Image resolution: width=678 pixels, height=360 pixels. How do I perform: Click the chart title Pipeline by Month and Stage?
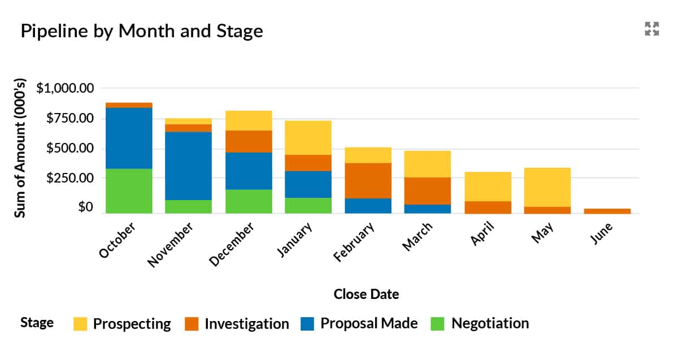point(142,31)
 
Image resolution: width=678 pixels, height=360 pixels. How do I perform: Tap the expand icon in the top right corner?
point(652,29)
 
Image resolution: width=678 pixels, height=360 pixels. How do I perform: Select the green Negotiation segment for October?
point(129,191)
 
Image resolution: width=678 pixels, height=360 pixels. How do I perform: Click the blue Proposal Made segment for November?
point(188,166)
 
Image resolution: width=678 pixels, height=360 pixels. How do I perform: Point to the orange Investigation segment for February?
point(368,180)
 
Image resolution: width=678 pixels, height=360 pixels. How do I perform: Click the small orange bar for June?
point(607,211)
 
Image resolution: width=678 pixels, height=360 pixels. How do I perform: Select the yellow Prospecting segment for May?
point(547,187)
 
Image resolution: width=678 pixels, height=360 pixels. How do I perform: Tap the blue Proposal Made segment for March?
point(428,209)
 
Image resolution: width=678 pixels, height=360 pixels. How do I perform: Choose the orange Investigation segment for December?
point(249,141)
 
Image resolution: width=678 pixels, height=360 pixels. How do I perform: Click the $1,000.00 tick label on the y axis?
point(65,88)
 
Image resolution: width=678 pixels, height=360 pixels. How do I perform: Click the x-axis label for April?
point(483,235)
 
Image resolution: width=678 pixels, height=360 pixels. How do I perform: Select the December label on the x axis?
point(232,244)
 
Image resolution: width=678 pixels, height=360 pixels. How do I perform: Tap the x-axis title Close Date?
point(366,294)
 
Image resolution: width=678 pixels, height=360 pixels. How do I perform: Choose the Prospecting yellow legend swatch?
point(81,324)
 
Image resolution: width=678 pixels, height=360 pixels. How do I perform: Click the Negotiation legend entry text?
point(490,323)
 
